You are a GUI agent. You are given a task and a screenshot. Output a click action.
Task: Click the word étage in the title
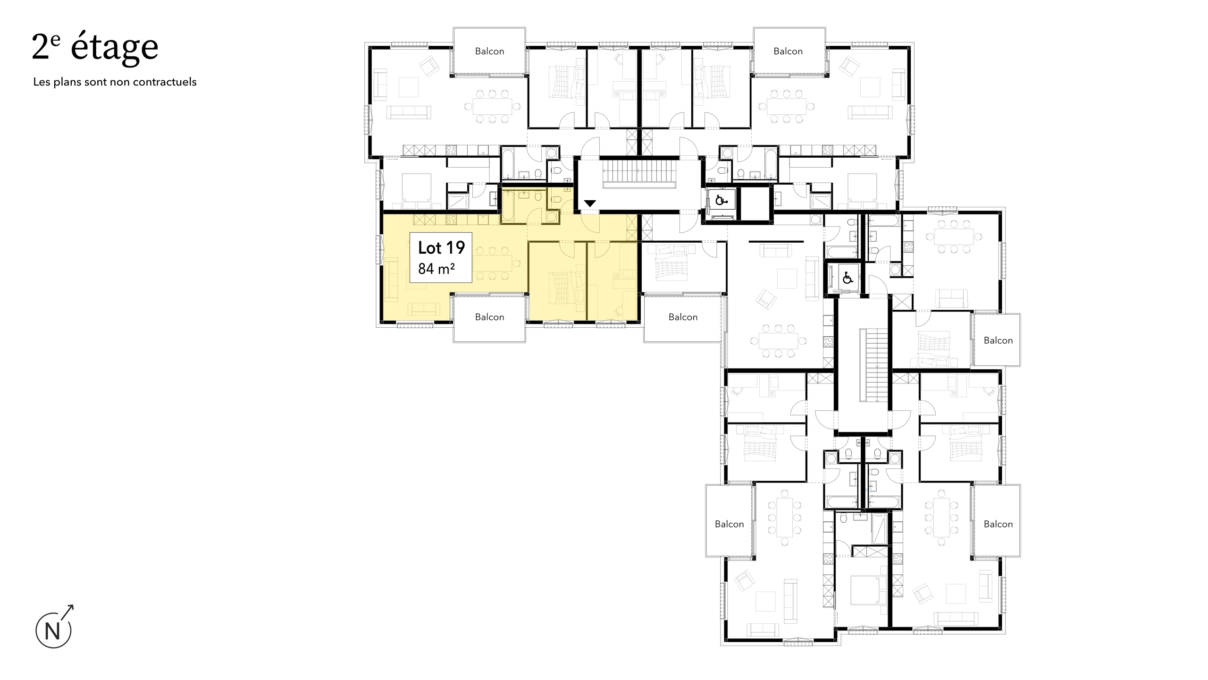pos(115,48)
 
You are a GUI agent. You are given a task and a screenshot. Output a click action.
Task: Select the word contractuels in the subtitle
pos(165,82)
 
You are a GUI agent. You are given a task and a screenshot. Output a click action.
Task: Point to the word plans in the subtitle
pos(67,82)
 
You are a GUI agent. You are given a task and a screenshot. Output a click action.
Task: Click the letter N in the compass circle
pos(52,632)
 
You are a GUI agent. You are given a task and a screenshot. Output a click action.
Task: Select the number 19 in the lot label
pos(454,247)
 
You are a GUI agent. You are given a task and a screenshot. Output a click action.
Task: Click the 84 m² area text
pos(436,269)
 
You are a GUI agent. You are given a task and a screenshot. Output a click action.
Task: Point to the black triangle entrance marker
pos(590,204)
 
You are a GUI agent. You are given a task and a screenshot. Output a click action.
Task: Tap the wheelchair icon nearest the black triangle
pos(721,200)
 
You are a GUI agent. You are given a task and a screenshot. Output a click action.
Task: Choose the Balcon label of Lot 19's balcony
pos(489,317)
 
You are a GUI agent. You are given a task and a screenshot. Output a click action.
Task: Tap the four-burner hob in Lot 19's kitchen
pos(120,220)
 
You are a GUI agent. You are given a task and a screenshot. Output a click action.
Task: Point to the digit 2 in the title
pos(41,48)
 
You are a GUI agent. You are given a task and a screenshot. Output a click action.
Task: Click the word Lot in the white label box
pos(429,247)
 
